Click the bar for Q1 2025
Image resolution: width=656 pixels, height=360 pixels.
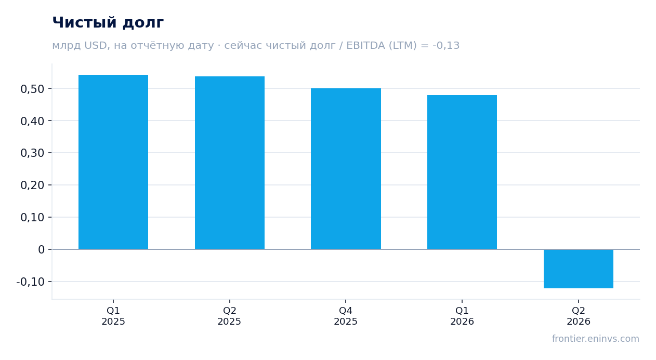coord(113,162)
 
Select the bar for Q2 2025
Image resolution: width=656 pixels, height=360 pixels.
coord(230,163)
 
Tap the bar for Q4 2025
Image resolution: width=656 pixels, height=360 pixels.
coord(346,169)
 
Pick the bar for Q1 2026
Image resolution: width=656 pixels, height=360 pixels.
coord(462,172)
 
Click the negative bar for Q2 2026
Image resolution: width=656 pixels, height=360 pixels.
coord(579,269)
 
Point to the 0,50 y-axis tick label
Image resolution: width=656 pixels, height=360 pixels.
coord(32,89)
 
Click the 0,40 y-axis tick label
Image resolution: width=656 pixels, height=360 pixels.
coord(32,121)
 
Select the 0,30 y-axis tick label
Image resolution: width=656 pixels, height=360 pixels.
coord(32,153)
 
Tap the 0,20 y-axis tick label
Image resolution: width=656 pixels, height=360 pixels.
coord(32,185)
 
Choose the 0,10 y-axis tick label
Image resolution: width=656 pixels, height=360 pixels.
coord(32,218)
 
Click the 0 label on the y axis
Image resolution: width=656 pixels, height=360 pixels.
coord(41,250)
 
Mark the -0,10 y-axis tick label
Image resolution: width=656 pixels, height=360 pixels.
coord(31,282)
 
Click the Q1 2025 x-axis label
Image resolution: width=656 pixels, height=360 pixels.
coord(113,316)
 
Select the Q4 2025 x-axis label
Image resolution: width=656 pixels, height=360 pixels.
coord(346,316)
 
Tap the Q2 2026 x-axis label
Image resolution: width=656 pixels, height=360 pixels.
coord(579,316)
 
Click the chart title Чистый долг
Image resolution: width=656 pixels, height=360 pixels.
coord(108,23)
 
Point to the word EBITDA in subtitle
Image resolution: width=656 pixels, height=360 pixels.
coord(365,46)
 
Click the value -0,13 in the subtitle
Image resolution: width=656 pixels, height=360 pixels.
coord(446,46)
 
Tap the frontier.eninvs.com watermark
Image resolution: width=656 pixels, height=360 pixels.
coord(595,339)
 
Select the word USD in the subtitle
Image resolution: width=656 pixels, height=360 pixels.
coord(96,46)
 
